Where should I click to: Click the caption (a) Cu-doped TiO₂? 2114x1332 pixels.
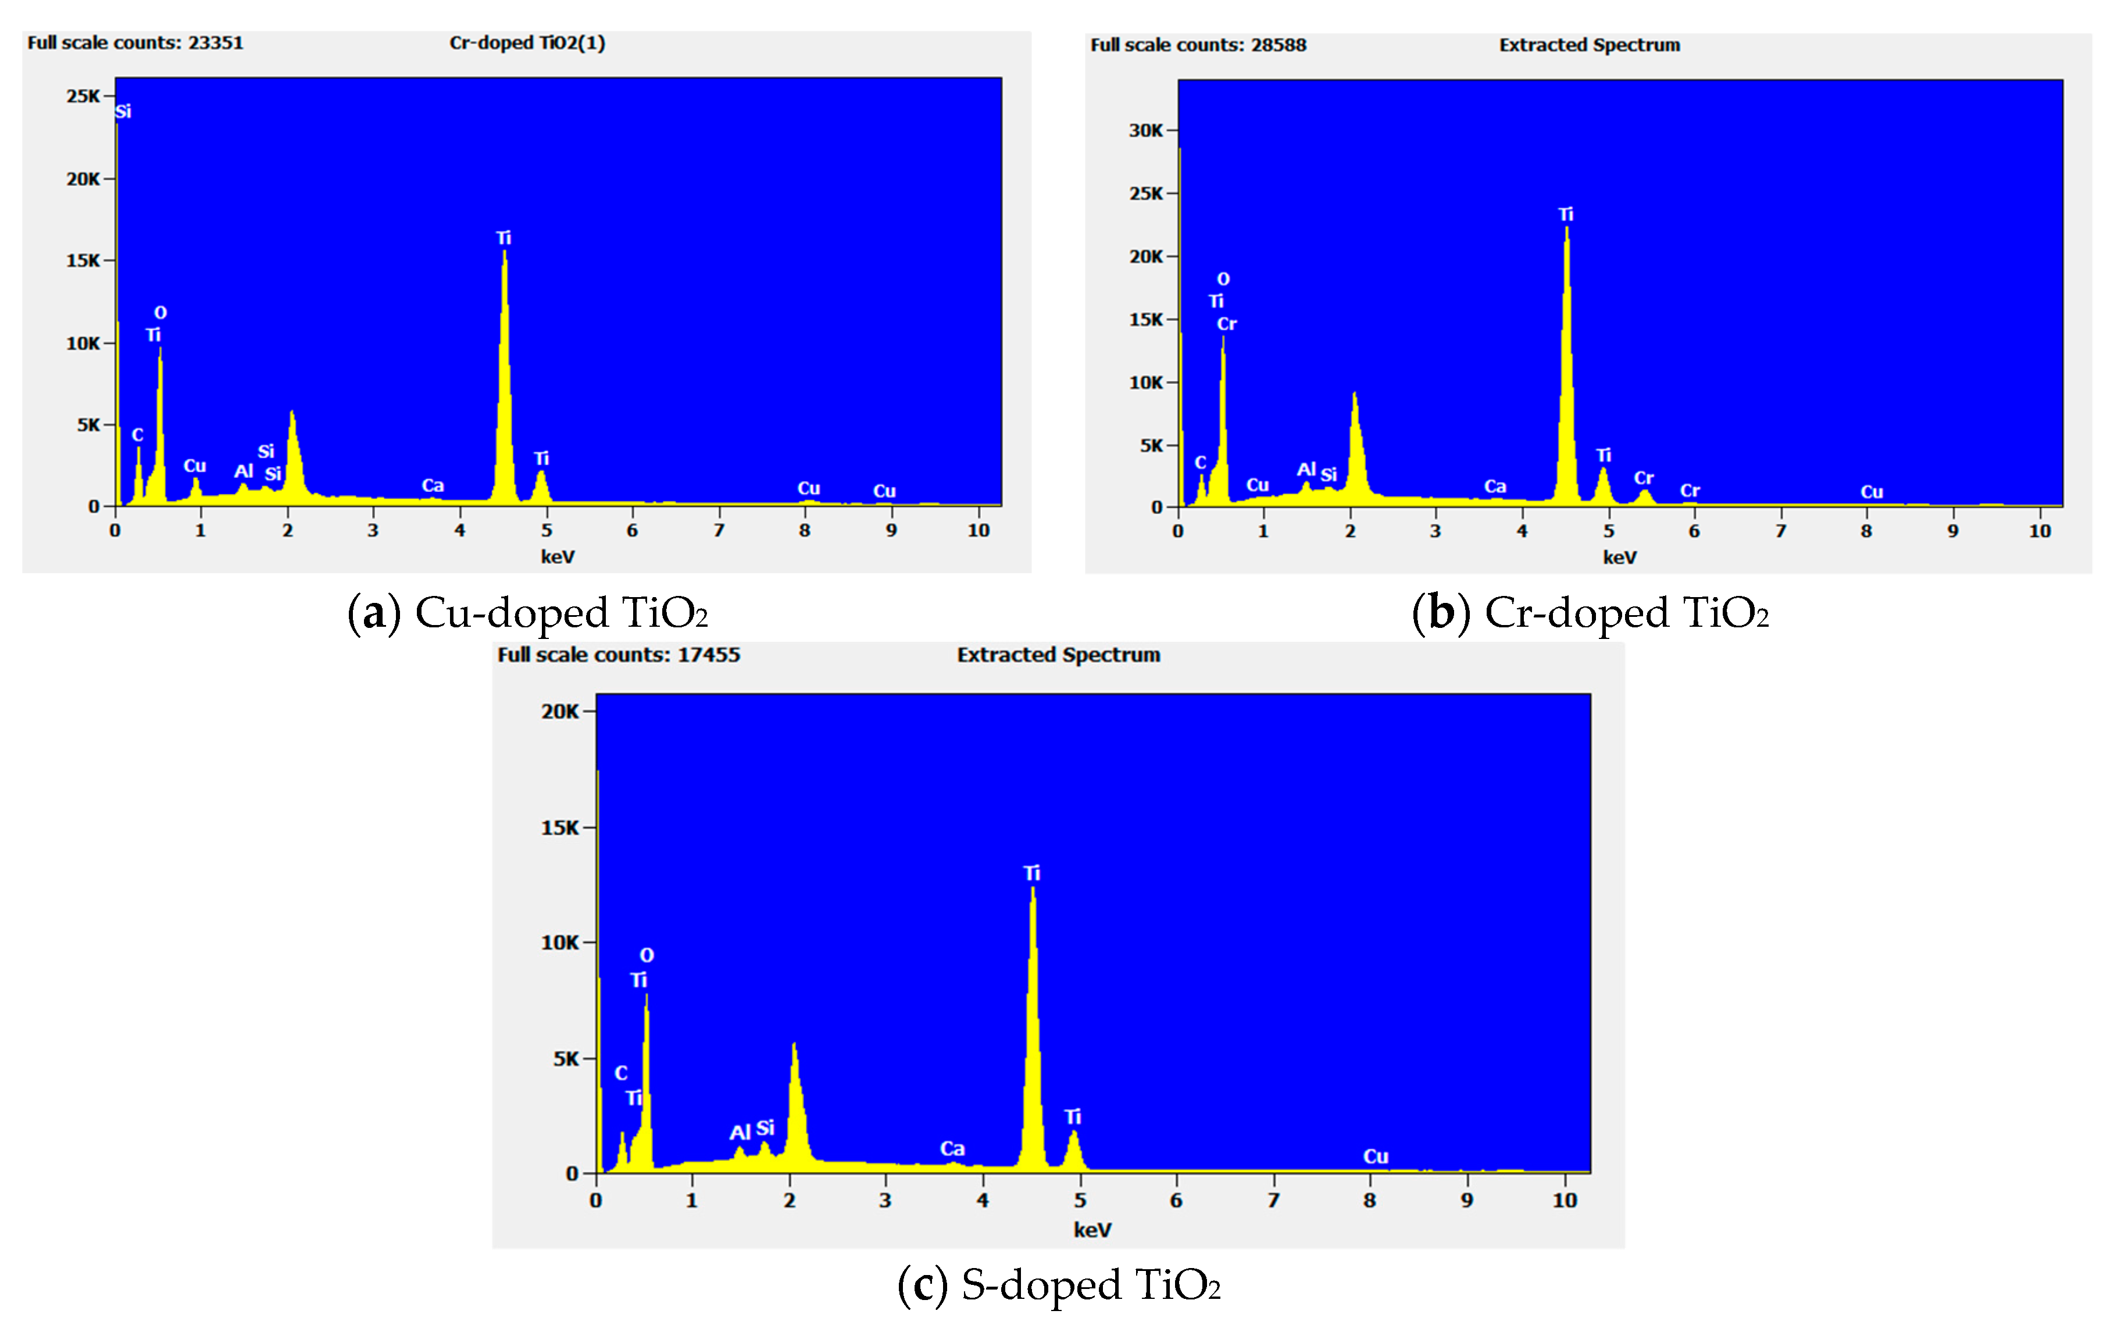[527, 613]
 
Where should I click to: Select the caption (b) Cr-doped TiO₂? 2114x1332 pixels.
[1590, 613]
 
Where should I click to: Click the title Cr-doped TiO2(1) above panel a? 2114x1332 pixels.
[527, 43]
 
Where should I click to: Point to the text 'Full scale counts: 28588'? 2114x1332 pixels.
[1198, 45]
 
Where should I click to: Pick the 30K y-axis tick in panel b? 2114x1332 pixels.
[1146, 131]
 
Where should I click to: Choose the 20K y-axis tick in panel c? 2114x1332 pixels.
[560, 711]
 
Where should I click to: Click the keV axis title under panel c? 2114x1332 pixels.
[1092, 1230]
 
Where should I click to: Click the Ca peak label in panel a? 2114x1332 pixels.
[433, 485]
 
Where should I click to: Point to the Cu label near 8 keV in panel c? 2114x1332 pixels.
[1376, 1156]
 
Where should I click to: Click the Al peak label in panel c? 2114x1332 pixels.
[740, 1133]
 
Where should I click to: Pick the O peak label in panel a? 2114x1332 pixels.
[160, 313]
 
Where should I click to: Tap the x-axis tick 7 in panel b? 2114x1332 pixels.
[1780, 531]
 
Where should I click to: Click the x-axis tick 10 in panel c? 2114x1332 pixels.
[1565, 1200]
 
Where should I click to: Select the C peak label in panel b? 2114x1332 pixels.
[1200, 463]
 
